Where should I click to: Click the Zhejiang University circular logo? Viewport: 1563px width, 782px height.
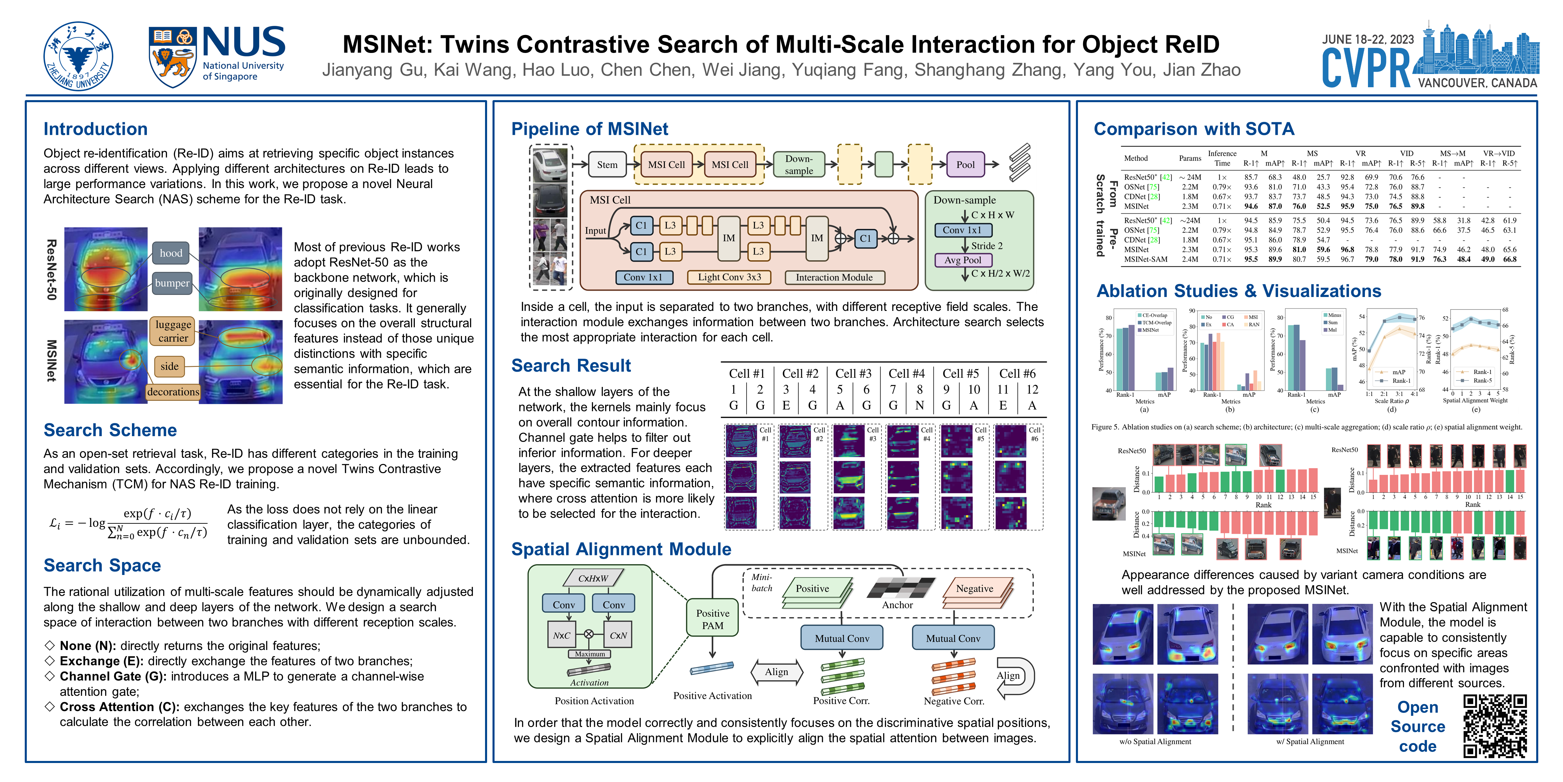[78, 56]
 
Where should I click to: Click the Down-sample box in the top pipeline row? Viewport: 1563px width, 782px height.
[798, 165]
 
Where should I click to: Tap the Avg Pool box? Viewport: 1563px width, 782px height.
[963, 260]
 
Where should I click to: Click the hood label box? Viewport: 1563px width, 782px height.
[171, 253]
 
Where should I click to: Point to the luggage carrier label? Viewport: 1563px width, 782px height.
[173, 331]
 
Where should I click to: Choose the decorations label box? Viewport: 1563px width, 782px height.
[173, 392]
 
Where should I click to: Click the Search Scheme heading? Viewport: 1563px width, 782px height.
[110, 430]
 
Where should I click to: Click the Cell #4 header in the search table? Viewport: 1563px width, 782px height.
[906, 373]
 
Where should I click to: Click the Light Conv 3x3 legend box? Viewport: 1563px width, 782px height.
[729, 277]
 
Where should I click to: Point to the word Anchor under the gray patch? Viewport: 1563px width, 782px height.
[898, 605]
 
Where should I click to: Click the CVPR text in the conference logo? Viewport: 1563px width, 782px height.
[1366, 68]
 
